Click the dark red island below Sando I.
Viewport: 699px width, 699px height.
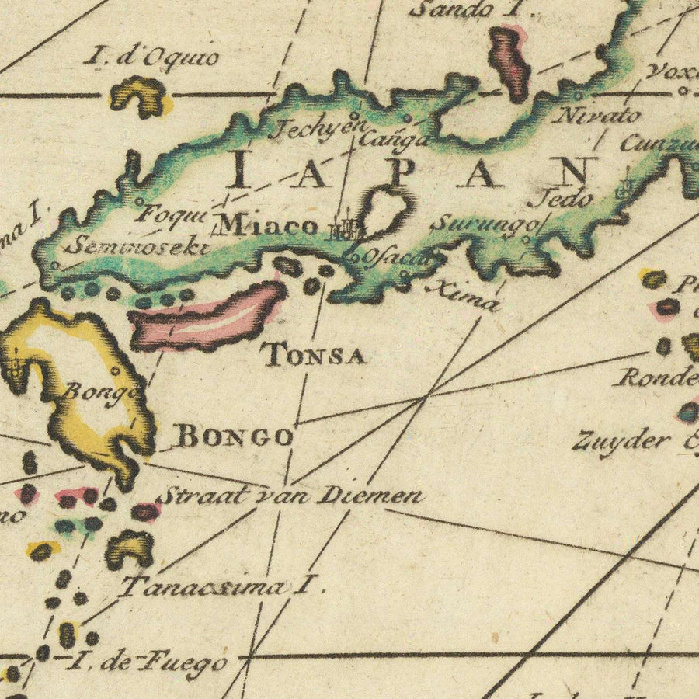(x=509, y=62)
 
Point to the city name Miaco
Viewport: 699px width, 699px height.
(x=267, y=225)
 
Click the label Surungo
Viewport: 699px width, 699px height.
(x=483, y=224)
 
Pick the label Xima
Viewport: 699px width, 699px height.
(x=463, y=296)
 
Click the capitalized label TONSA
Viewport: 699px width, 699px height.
(x=314, y=356)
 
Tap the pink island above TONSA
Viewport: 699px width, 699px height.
(x=207, y=315)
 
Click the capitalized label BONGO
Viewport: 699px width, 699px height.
(x=235, y=436)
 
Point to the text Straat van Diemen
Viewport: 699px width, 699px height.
(x=290, y=495)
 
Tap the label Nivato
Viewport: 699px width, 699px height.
(x=598, y=116)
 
